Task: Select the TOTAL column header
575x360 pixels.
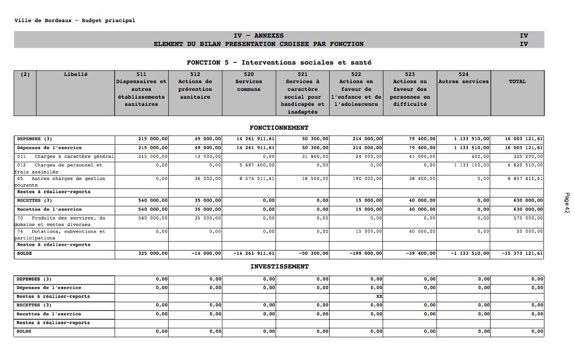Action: [x=517, y=82]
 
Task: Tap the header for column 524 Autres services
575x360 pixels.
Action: [x=463, y=78]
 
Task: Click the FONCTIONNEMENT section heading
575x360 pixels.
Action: [x=279, y=128]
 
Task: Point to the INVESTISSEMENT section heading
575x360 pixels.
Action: [x=279, y=267]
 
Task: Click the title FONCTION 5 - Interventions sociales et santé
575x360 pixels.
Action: [x=279, y=62]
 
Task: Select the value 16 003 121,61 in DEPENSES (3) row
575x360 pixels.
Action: [x=524, y=139]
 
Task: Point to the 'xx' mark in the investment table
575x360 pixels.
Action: [x=379, y=297]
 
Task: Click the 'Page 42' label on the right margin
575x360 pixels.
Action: [x=565, y=203]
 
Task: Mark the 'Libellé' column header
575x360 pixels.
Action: [x=75, y=74]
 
